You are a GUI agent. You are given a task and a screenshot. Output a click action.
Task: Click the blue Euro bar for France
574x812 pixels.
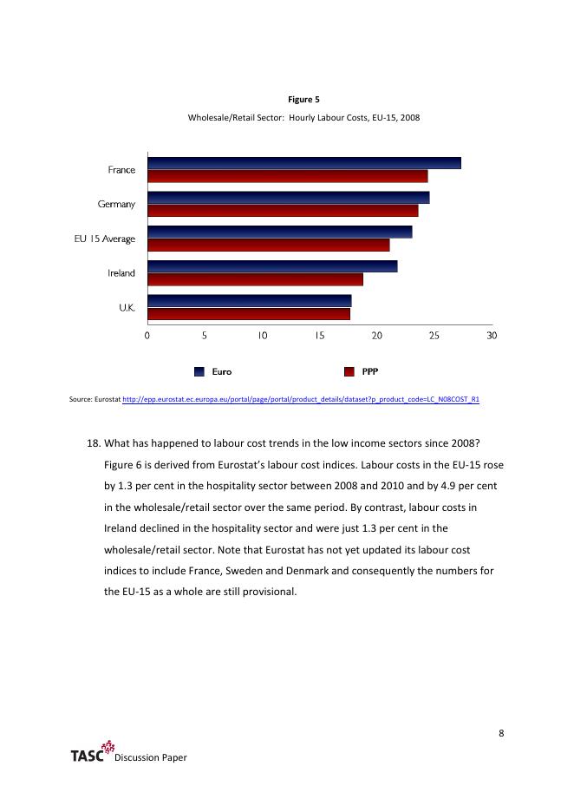pos(303,163)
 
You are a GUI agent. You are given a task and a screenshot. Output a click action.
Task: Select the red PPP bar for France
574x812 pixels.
pos(287,176)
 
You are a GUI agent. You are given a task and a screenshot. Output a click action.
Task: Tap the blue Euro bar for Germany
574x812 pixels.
pos(288,198)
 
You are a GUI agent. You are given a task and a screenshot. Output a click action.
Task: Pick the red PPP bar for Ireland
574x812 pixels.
pos(255,279)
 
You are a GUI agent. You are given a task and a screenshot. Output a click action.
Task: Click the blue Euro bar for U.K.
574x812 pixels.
pos(249,301)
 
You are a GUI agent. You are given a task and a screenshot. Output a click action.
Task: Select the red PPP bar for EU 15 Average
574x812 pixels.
pos(268,245)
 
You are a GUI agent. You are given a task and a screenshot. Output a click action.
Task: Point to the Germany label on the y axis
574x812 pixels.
pos(116,204)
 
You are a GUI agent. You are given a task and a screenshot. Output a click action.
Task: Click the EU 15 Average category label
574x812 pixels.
pos(104,239)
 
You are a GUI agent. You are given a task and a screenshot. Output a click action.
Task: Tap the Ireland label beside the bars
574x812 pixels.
pos(121,273)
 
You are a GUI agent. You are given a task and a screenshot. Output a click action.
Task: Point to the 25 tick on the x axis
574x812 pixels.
pos(434,335)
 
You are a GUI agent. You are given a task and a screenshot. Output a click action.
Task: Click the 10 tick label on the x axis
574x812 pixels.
pos(262,335)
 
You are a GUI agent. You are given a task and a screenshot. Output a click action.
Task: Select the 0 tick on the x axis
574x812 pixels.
pos(147,335)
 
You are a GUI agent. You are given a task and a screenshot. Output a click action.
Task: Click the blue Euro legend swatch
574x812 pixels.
pos(199,371)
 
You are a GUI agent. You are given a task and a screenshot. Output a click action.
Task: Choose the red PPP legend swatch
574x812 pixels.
pos(349,371)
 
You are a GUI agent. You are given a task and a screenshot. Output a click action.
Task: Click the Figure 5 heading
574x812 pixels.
pos(304,100)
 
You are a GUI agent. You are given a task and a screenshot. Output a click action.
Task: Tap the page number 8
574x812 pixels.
pos(502,733)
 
